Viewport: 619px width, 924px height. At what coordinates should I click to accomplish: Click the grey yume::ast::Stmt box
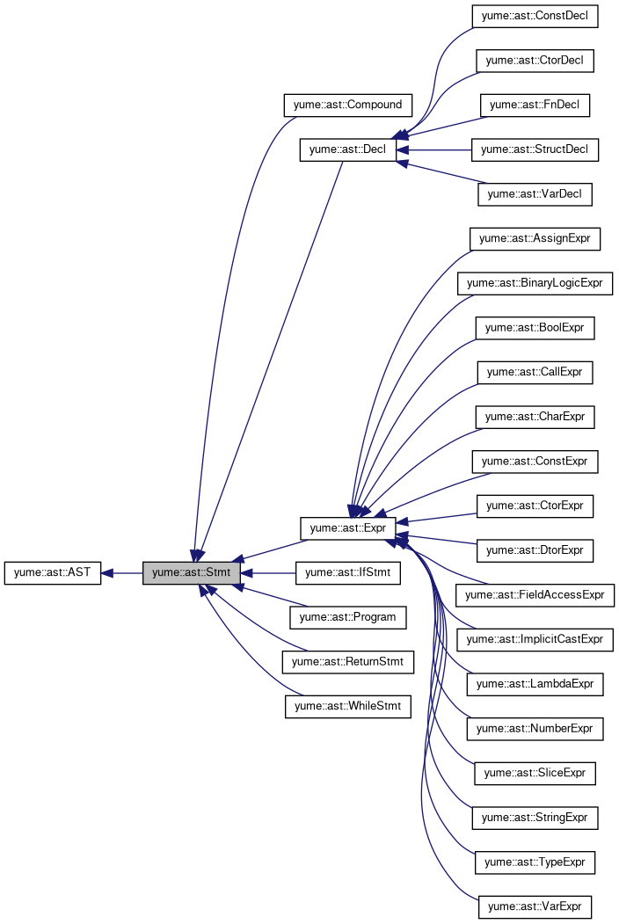(192, 572)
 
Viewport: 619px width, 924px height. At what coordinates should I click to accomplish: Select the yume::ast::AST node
(53, 572)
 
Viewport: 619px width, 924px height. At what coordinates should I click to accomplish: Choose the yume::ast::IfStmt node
(348, 572)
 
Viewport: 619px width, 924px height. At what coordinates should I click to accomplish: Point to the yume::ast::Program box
(347, 617)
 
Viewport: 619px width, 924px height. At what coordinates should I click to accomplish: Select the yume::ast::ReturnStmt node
(347, 661)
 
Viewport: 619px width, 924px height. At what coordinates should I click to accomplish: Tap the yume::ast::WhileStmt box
(347, 706)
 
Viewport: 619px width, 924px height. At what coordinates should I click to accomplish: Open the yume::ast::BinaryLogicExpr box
(535, 283)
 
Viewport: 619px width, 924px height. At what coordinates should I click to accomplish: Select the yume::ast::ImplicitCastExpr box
(535, 639)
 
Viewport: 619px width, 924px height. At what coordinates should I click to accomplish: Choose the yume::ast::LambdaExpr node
(535, 683)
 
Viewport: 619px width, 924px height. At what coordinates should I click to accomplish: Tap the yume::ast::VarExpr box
(535, 906)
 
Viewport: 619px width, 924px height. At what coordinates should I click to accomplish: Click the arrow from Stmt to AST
(122, 573)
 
